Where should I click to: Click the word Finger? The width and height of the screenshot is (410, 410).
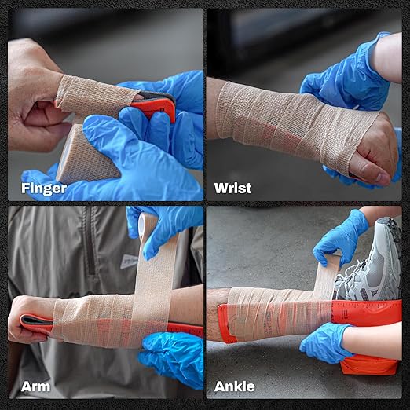[x=43, y=188]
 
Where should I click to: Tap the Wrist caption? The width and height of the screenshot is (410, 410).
[x=232, y=188]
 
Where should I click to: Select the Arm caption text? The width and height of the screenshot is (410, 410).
[x=36, y=386]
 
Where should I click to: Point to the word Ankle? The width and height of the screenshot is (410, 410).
[x=235, y=386]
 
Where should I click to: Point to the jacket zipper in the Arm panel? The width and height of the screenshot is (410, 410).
[x=91, y=251]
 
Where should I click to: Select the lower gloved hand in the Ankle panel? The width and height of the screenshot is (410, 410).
[x=326, y=342]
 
